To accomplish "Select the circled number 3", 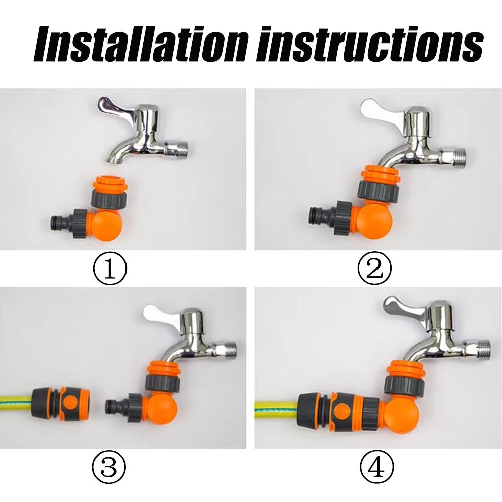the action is [109, 466].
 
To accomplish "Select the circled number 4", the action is [377, 466].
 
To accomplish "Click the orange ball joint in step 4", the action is [400, 416].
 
